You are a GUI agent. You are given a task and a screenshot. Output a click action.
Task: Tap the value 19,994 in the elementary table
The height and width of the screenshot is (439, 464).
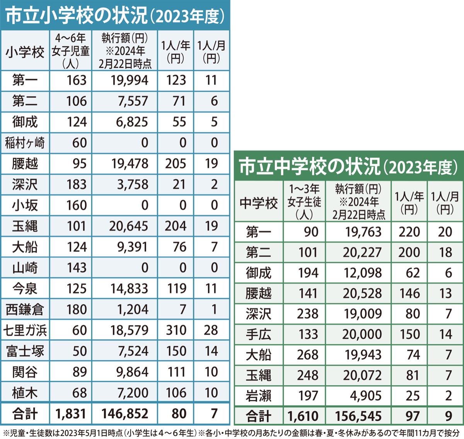[x=130, y=80]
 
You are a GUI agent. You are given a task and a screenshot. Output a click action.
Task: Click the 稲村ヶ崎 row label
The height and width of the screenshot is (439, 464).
[x=25, y=143]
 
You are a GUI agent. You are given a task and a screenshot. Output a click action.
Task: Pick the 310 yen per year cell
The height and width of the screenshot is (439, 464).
[x=176, y=330]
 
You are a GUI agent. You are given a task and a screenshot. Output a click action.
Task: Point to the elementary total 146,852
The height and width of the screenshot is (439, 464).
[x=125, y=413]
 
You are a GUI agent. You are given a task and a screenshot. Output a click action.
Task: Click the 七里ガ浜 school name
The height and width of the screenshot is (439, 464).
[x=25, y=330]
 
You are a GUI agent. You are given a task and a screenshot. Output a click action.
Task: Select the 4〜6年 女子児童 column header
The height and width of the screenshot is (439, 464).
[x=70, y=51]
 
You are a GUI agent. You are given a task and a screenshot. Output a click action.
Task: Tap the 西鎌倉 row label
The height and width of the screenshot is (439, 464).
[x=25, y=309]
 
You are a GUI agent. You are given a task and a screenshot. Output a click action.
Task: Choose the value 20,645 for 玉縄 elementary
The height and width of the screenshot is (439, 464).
[x=128, y=226]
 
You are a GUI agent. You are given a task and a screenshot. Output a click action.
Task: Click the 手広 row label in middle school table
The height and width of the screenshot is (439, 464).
[x=259, y=334]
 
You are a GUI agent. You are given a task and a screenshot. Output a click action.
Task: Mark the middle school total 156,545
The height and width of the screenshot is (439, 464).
[x=358, y=416]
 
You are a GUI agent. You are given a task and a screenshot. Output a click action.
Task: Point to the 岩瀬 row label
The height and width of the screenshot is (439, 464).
[x=259, y=396]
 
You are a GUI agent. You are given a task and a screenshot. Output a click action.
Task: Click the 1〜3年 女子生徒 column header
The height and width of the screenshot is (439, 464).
[x=304, y=201]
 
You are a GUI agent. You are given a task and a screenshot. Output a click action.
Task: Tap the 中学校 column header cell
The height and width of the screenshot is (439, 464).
[x=259, y=202]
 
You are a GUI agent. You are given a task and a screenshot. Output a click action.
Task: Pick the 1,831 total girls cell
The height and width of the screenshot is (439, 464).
[x=71, y=413]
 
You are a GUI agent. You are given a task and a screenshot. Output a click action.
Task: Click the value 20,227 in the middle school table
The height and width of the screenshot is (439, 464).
[x=362, y=253]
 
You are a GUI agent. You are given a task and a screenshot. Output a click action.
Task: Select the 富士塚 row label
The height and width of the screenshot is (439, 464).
[x=25, y=351]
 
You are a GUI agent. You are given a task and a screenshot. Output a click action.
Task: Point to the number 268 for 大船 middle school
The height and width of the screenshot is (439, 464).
[x=308, y=355]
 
